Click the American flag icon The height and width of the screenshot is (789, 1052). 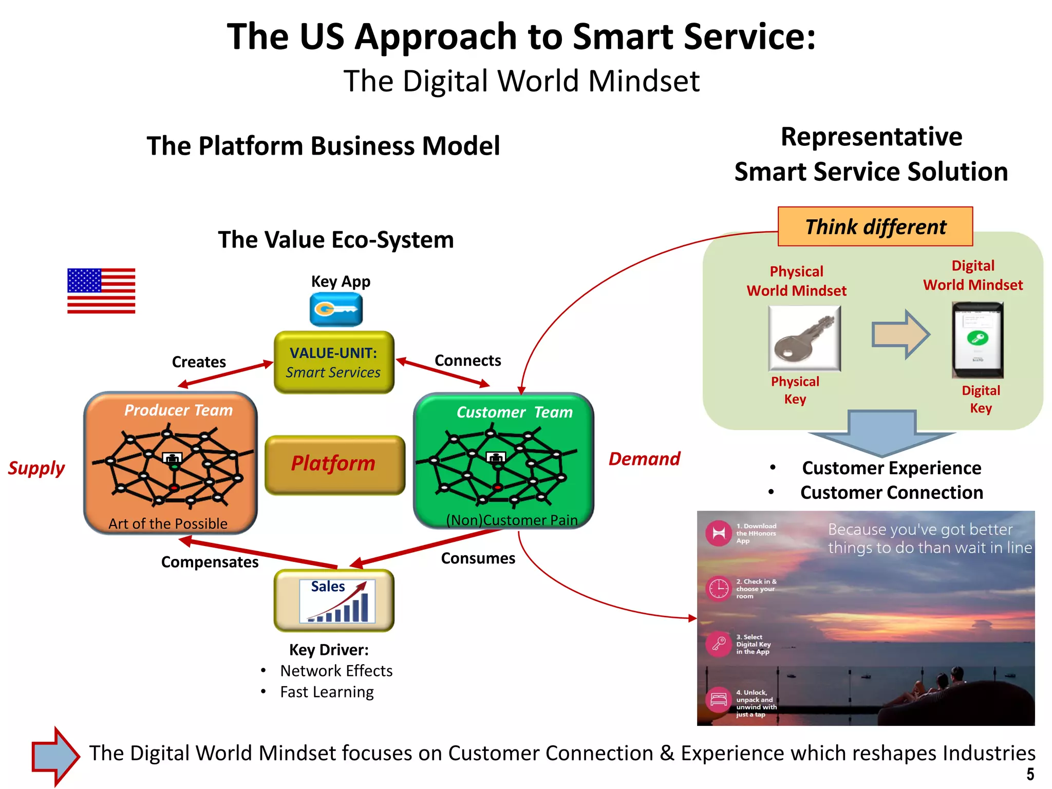pyautogui.click(x=101, y=291)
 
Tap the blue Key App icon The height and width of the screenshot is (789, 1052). pyautogui.click(x=336, y=309)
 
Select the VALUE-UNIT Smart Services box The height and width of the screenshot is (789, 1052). pyautogui.click(x=334, y=363)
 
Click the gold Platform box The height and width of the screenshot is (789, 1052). pyautogui.click(x=334, y=464)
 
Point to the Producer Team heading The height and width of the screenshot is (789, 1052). pyautogui.click(x=178, y=410)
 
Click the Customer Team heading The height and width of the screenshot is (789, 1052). pyautogui.click(x=514, y=412)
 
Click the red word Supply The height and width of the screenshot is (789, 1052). pyautogui.click(x=36, y=468)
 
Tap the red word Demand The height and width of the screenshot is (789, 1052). pyautogui.click(x=644, y=459)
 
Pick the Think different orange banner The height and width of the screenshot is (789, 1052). pyautogui.click(x=875, y=227)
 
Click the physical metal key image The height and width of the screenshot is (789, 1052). pyautogui.click(x=804, y=339)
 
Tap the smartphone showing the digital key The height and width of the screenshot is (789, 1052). pyautogui.click(x=978, y=340)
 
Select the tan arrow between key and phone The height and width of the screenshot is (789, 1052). pyautogui.click(x=900, y=335)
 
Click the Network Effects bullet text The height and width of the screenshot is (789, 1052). pyautogui.click(x=336, y=671)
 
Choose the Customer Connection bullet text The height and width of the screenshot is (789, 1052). pyautogui.click(x=891, y=493)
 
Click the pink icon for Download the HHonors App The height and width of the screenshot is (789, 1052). pyautogui.click(x=718, y=533)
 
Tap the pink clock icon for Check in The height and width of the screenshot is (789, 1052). pyautogui.click(x=718, y=589)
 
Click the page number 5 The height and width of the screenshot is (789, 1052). pyautogui.click(x=1030, y=775)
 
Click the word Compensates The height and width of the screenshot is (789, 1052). pyautogui.click(x=210, y=562)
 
